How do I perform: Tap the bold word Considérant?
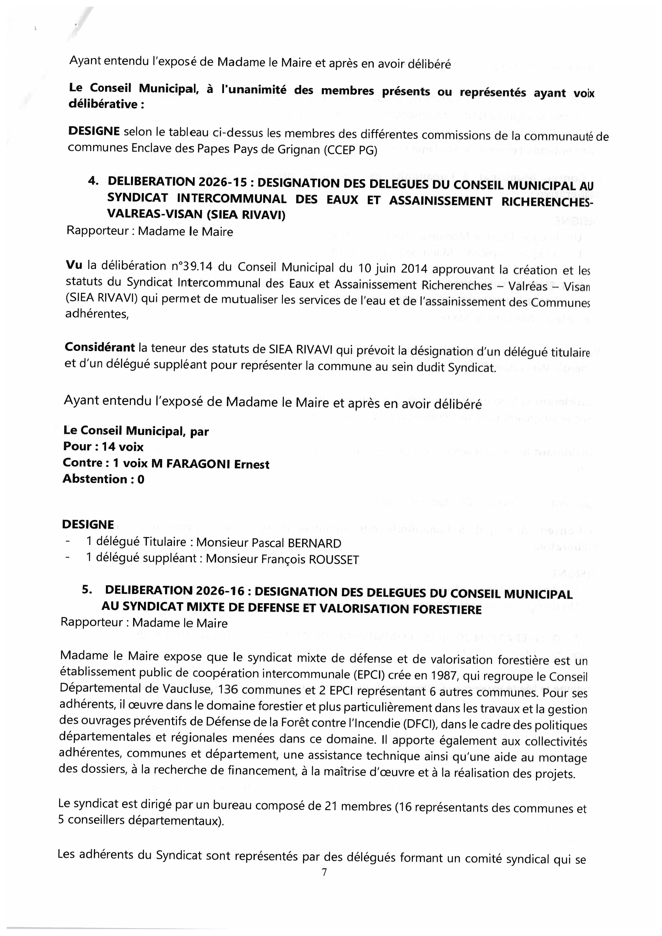pyautogui.click(x=100, y=348)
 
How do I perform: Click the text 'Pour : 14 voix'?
pyautogui.click(x=103, y=447)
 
